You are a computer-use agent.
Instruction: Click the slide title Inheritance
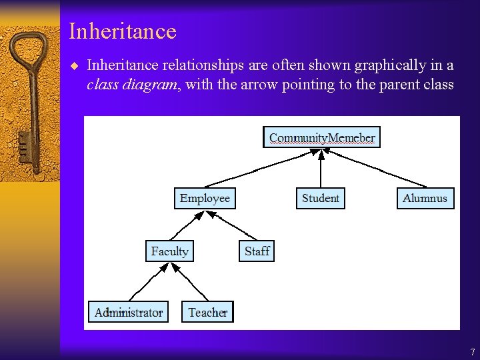coord(123,31)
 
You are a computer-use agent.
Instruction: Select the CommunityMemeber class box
coord(322,137)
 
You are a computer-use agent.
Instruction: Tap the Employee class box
coord(205,199)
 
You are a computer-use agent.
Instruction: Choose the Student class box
coord(321,199)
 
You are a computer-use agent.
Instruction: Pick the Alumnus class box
coord(425,199)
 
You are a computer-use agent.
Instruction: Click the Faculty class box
coord(169,251)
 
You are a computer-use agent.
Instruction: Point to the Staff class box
coord(257,251)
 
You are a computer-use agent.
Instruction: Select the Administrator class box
coord(129,312)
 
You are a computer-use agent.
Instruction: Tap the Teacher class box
coord(207,312)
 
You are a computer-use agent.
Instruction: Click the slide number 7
coord(472,352)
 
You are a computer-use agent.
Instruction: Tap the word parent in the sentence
coord(377,85)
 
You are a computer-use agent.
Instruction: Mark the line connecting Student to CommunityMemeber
coord(321,170)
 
